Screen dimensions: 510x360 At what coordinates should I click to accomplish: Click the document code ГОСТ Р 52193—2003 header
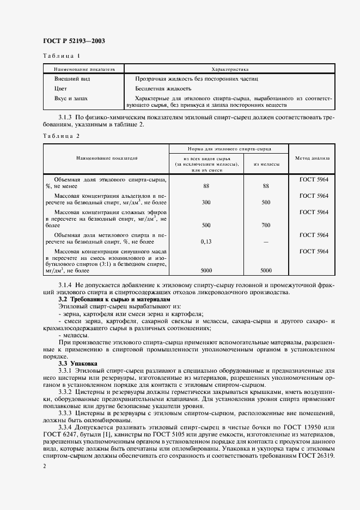click(x=74, y=41)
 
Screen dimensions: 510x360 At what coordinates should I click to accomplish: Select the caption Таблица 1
click(x=61, y=56)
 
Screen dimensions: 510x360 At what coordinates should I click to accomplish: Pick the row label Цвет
click(x=60, y=88)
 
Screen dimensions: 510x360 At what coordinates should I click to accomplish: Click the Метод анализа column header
click(x=312, y=159)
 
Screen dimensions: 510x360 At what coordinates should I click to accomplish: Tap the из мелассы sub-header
click(x=266, y=163)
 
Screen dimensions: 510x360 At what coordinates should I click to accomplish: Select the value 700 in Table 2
click(x=266, y=225)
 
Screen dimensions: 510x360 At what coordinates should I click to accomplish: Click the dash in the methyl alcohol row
click(x=266, y=241)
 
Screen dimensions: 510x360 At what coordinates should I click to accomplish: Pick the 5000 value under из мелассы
click(x=266, y=270)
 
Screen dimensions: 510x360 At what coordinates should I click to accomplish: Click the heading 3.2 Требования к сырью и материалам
click(x=114, y=300)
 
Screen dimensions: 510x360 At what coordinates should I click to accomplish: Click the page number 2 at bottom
click(x=44, y=466)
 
